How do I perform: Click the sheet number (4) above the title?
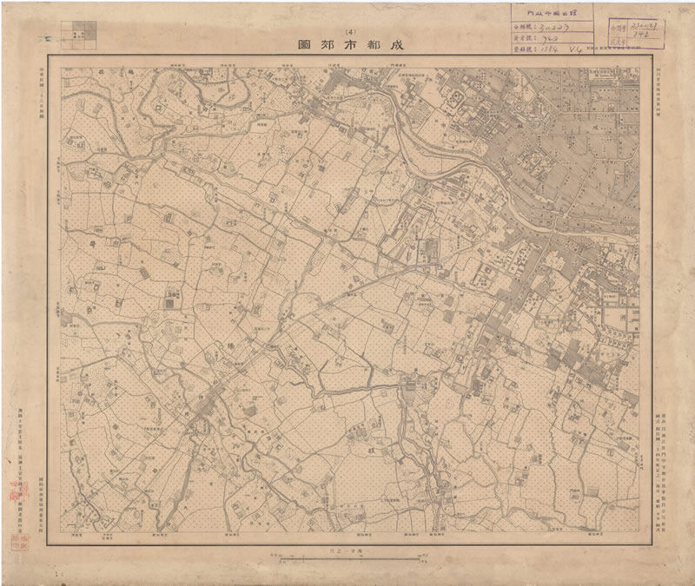(350, 31)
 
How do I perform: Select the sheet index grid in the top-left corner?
(84, 32)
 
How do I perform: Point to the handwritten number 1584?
(546, 50)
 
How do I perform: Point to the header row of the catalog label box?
(551, 12)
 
